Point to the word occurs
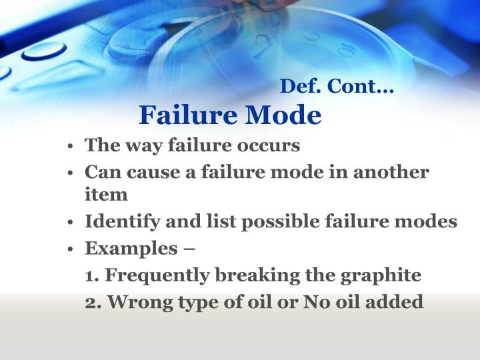(x=272, y=145)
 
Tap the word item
(x=106, y=195)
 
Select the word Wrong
(x=138, y=302)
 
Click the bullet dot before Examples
(x=70, y=249)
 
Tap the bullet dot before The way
(x=70, y=146)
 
